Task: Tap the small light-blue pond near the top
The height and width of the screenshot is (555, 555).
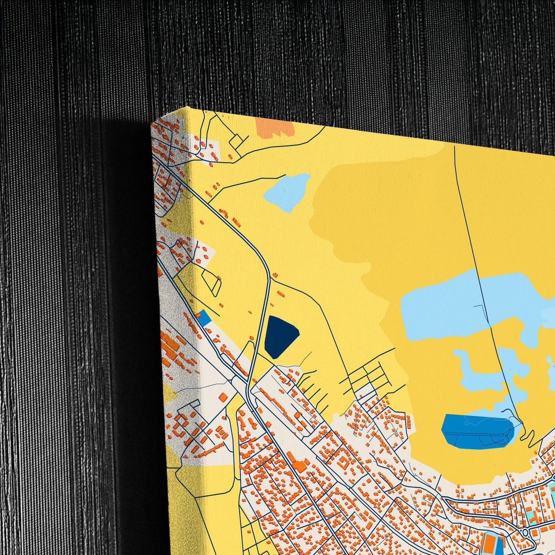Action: tap(288, 192)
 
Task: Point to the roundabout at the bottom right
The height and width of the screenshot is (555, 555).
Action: tap(525, 532)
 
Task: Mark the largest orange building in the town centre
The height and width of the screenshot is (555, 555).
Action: tap(297, 464)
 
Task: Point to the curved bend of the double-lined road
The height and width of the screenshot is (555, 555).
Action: tap(265, 269)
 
